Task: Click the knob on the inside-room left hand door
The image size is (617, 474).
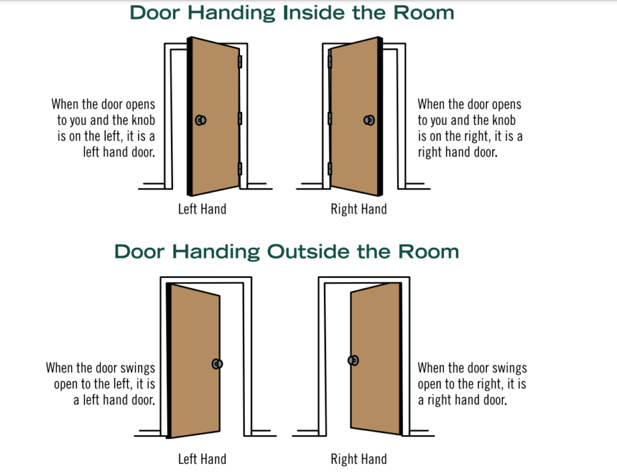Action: [200, 120]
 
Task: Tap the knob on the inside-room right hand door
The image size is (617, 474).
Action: [369, 120]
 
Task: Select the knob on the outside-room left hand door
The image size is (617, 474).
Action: [217, 363]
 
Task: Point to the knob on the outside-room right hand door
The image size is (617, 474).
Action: [353, 361]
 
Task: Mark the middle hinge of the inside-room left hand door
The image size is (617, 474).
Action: [240, 119]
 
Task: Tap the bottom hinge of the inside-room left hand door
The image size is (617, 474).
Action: [240, 169]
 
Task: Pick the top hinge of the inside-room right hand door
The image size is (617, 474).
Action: [329, 62]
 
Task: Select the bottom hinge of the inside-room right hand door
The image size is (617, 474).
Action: [329, 168]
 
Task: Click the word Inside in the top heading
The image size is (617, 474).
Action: [316, 12]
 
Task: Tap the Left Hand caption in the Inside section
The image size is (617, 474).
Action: [202, 209]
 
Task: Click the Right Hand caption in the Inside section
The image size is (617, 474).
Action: [359, 209]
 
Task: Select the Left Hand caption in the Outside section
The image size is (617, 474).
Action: [202, 459]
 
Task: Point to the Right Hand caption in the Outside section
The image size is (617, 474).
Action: [359, 459]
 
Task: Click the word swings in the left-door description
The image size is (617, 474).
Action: [137, 369]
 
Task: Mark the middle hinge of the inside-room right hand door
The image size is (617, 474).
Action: [329, 119]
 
